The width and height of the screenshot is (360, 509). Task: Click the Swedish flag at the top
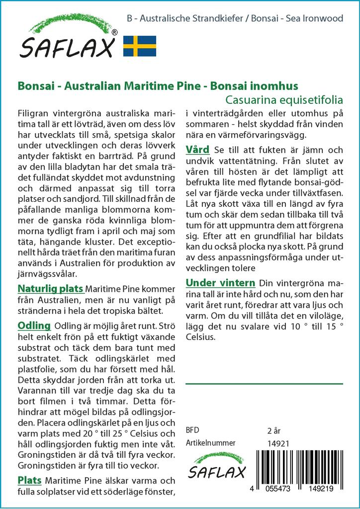(140, 46)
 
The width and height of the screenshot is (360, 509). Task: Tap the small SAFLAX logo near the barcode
(216, 467)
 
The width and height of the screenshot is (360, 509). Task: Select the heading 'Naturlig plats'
(50, 289)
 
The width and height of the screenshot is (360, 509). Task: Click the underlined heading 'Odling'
(34, 326)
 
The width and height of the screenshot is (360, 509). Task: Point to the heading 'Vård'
(197, 150)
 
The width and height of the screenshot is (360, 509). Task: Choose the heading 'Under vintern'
(220, 283)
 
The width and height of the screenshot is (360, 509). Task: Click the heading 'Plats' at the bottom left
(29, 480)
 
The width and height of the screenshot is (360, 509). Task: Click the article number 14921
(278, 443)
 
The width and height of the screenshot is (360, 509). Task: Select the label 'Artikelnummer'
(210, 443)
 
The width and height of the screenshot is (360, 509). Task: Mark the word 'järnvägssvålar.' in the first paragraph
(47, 274)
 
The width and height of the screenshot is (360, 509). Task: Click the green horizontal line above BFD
(264, 384)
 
